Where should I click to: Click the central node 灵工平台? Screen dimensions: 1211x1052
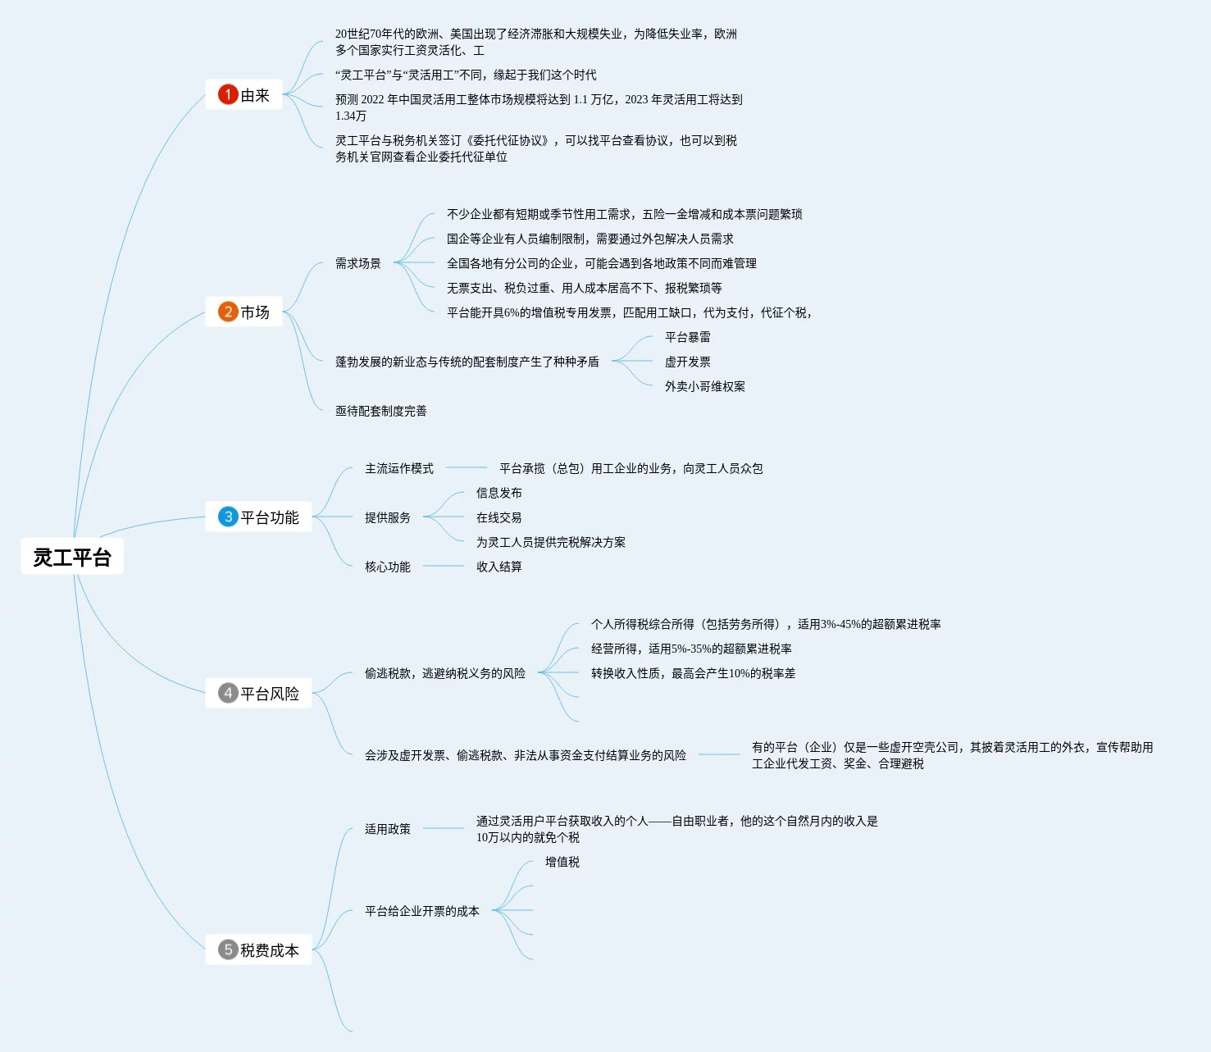pos(72,558)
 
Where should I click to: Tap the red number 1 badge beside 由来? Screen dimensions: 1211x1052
pos(228,95)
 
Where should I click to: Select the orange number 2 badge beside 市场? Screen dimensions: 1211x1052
pos(228,312)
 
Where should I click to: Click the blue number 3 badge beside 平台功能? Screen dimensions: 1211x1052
pos(228,517)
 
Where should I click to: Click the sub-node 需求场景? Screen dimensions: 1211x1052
pos(358,263)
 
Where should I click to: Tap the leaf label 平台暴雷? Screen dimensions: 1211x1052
pos(688,337)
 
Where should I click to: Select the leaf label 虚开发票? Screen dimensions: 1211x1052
pos(688,362)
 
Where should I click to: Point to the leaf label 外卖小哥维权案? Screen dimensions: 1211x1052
pos(705,386)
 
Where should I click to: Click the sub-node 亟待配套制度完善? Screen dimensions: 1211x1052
pos(381,411)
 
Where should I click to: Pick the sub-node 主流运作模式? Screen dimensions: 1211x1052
pos(399,468)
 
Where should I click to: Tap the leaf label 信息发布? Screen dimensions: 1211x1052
pos(499,493)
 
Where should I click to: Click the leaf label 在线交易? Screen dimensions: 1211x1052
pos(499,517)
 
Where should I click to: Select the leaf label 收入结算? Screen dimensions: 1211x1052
pos(499,567)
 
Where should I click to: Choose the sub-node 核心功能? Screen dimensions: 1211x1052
pos(388,567)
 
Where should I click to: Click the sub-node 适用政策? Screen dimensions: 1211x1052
pos(388,829)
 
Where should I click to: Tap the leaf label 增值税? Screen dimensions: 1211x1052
pos(562,862)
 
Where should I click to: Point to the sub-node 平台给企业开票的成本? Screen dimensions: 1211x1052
pos(422,911)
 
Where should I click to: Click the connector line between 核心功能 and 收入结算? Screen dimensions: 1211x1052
pos(443,566)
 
